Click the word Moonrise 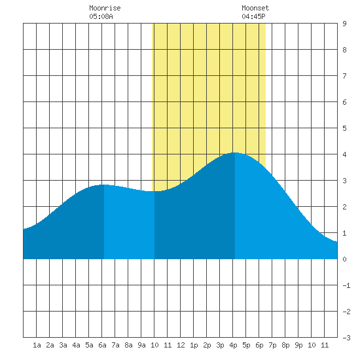coord(105,8)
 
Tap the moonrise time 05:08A coord(101,16)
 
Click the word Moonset coord(255,8)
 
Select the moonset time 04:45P coord(253,16)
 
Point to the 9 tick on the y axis coord(344,24)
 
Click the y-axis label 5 coord(344,128)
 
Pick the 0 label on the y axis coord(344,259)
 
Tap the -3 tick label coord(346,338)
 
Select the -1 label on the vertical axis coord(346,285)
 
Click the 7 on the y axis coord(344,76)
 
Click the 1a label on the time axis coord(37,345)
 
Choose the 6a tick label coord(102,345)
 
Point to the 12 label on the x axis coord(181,345)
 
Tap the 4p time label coord(233,345)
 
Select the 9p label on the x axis coord(298,345)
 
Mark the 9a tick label coord(141,345)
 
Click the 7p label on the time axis coord(272,345)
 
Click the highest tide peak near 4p coord(235,153)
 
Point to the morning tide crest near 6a coord(104,185)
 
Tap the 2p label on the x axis coord(207,345)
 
